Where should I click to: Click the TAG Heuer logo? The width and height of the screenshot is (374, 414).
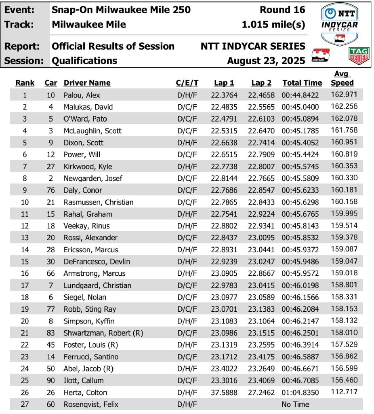359,56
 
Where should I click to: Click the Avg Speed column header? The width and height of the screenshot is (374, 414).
342,78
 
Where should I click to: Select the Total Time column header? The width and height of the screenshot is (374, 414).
302,83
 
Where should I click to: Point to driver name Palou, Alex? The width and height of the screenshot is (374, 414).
82,95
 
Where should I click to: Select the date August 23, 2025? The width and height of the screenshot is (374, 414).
266,61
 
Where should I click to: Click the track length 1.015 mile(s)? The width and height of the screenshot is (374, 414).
273,24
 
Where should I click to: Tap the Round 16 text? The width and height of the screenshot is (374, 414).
282,10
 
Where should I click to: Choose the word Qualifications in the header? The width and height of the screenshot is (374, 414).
84,61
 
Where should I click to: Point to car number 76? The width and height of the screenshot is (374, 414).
50,190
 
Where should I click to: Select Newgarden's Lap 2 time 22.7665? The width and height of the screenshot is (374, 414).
261,178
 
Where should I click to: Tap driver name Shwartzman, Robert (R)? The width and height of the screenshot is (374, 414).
103,333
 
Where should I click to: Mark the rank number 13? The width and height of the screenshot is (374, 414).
25,238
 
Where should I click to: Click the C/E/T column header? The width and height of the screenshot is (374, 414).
187,83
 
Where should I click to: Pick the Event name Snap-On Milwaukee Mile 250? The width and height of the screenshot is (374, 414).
121,10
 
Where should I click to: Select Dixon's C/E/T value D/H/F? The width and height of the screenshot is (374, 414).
187,143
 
